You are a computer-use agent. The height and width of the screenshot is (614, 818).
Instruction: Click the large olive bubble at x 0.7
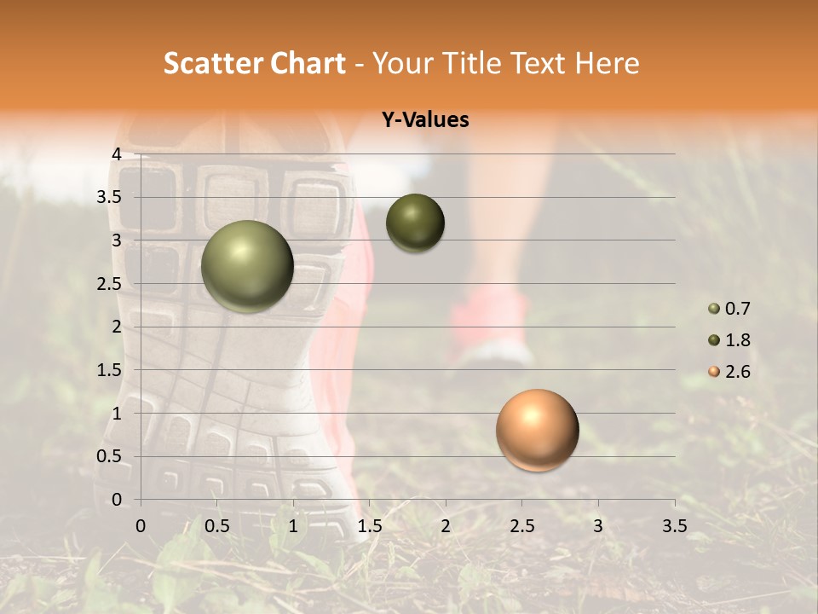248,266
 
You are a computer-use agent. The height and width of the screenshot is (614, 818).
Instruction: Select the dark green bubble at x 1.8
415,223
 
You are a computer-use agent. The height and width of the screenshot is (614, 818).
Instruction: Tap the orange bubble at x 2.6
537,430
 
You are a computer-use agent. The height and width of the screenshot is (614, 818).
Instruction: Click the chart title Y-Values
425,120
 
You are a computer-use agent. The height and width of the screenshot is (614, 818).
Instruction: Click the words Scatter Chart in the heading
255,63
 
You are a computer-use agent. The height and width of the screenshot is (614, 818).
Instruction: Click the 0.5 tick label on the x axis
217,525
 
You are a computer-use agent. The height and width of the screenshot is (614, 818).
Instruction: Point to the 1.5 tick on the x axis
370,525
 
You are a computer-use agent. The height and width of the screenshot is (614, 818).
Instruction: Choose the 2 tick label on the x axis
446,525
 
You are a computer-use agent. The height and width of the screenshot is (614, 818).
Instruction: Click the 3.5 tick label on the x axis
675,525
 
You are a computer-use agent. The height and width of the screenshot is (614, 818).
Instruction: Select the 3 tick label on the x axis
598,525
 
